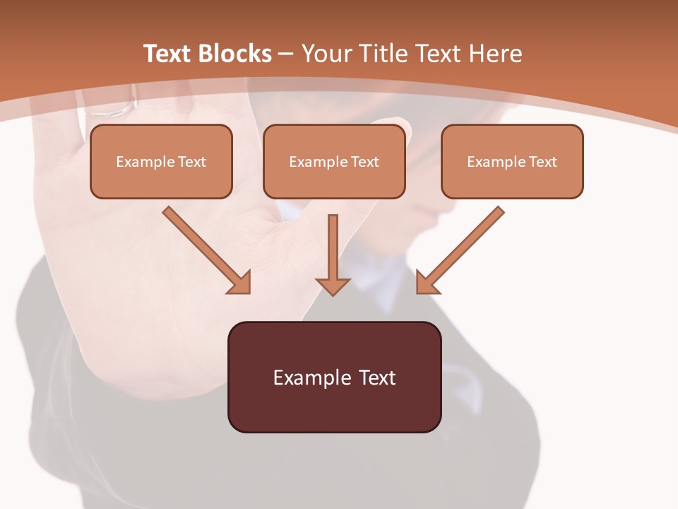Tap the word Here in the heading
tap(496, 54)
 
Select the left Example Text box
tap(161, 161)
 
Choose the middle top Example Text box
tap(334, 161)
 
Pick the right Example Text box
tap(512, 161)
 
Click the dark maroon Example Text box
tap(334, 377)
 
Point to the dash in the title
tap(287, 54)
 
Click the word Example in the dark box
tap(311, 378)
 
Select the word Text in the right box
tap(542, 162)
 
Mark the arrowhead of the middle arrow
tap(333, 286)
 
